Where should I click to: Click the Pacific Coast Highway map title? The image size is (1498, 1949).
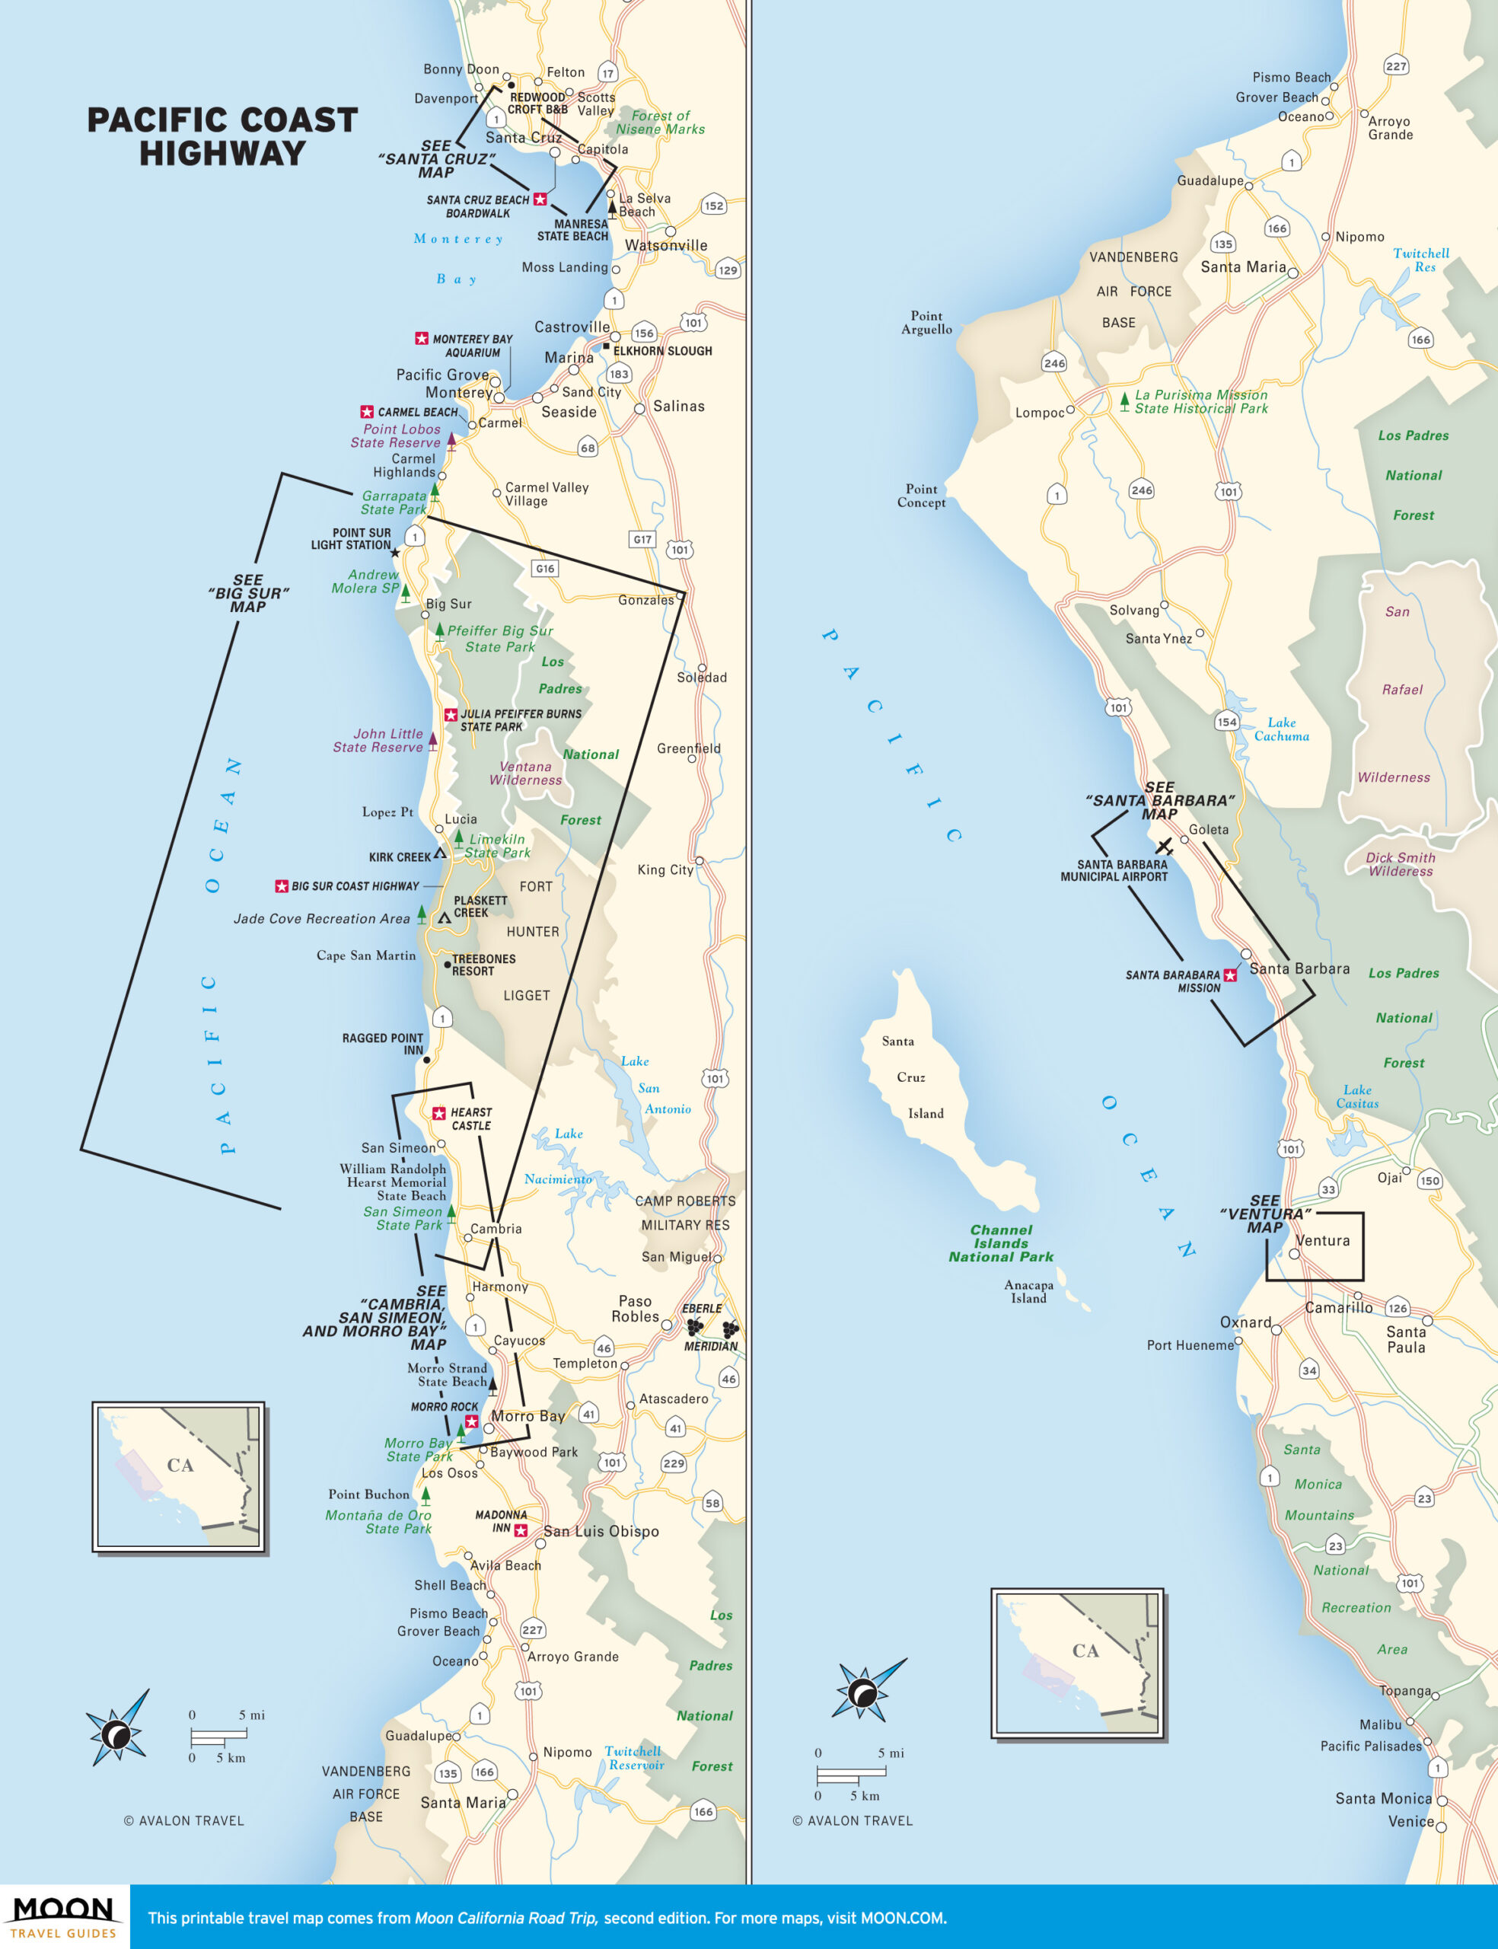(222, 136)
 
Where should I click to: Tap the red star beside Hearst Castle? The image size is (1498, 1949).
(438, 1113)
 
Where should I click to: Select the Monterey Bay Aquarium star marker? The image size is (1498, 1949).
(422, 338)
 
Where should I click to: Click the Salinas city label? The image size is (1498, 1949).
(678, 407)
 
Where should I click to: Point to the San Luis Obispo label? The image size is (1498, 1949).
(601, 1531)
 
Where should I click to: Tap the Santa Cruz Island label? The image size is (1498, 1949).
(910, 1077)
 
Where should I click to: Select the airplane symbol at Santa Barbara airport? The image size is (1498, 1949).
(1164, 845)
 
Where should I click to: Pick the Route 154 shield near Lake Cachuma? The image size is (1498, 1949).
(1227, 721)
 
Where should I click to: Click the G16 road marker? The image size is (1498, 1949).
(545, 568)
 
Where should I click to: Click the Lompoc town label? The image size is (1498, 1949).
(1040, 413)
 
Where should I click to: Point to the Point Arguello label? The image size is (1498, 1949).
(926, 322)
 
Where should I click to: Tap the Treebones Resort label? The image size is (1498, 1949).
(483, 965)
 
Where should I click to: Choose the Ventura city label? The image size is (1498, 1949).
(1322, 1240)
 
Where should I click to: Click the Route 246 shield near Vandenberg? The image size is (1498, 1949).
(1054, 363)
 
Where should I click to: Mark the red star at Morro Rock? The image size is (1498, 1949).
(472, 1421)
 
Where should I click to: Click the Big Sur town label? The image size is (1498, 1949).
(448, 604)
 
